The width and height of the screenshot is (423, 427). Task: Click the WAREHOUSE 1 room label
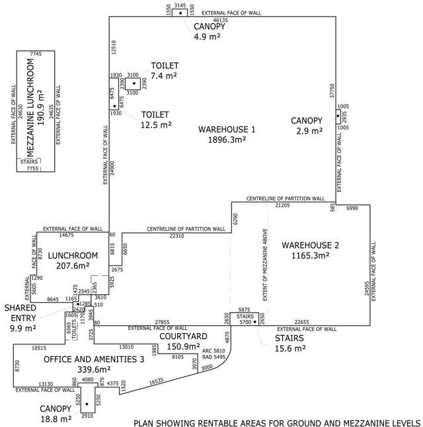[227, 129]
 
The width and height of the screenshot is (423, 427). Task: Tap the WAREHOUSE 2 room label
[310, 245]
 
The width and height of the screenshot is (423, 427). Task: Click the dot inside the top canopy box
[180, 13]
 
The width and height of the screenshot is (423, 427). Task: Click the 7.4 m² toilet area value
[165, 77]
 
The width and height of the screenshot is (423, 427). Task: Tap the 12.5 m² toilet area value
[156, 124]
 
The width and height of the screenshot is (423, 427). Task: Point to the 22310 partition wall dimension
[182, 236]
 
